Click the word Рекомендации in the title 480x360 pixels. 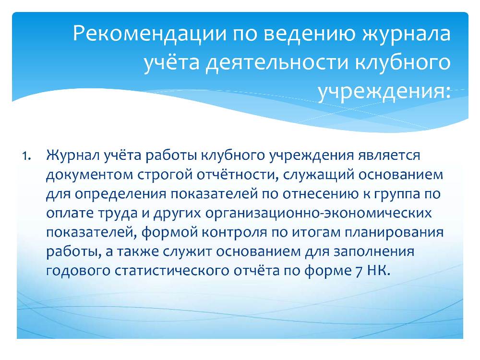click(150, 34)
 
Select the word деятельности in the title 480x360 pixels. click(277, 62)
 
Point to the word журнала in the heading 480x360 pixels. click(407, 34)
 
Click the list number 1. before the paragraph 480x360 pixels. click(26, 156)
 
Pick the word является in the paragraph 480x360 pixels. click(389, 156)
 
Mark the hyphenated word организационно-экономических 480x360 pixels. click(318, 214)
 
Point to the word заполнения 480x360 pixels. click(374, 252)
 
